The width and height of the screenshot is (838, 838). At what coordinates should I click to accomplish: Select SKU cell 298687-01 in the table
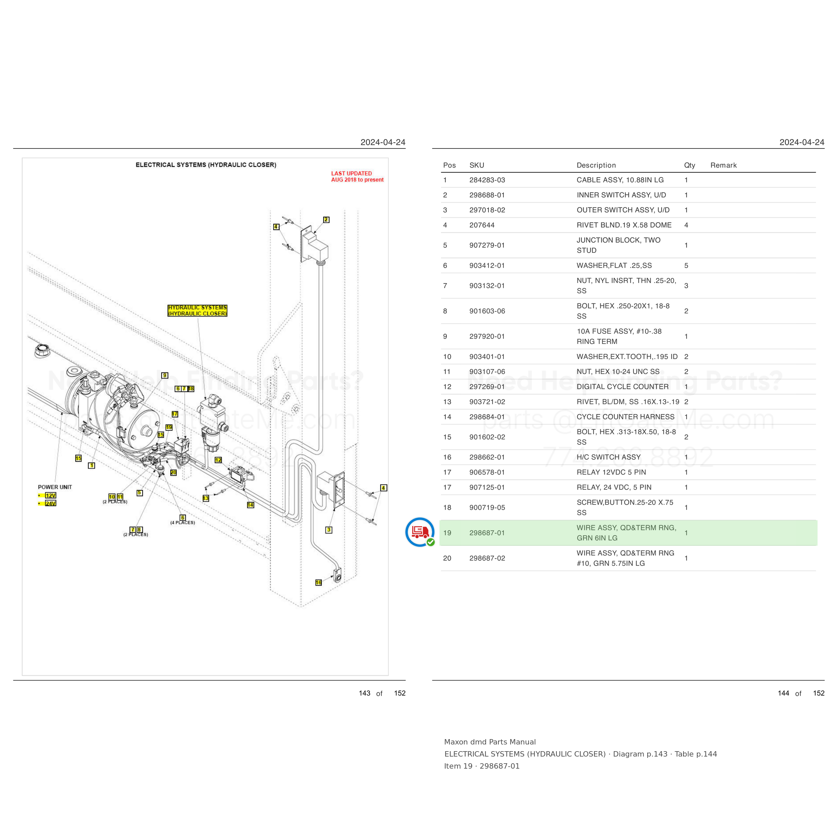pyautogui.click(x=487, y=533)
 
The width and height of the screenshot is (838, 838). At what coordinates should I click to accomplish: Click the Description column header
pyautogui.click(x=596, y=165)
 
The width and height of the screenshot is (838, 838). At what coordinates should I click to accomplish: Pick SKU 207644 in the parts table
pyautogui.click(x=482, y=225)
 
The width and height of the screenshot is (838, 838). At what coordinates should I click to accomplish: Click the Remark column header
pyautogui.click(x=723, y=165)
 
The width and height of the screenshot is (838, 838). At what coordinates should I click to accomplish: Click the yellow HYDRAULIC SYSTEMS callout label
pyautogui.click(x=197, y=311)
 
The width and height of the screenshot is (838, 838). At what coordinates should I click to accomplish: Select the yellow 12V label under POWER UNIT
pyautogui.click(x=51, y=495)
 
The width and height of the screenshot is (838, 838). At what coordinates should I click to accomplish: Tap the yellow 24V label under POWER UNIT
pyautogui.click(x=51, y=503)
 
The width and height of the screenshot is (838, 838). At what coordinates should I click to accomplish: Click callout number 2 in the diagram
pyautogui.click(x=326, y=220)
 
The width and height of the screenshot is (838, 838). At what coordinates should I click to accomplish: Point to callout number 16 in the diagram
pyautogui.click(x=318, y=583)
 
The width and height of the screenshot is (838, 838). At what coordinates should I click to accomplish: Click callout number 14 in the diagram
pyautogui.click(x=250, y=505)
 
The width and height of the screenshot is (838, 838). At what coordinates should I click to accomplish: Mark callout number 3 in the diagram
pyautogui.click(x=329, y=530)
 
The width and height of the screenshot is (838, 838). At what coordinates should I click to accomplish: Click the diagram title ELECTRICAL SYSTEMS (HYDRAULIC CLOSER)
pyautogui.click(x=206, y=165)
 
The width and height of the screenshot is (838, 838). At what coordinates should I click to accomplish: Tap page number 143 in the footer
pyautogui.click(x=364, y=693)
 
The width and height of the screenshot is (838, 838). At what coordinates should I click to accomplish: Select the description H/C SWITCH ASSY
pyautogui.click(x=608, y=457)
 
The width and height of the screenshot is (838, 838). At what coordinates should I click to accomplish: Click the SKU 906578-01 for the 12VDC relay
pyautogui.click(x=487, y=472)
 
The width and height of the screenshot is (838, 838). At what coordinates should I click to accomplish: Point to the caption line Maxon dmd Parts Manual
pyautogui.click(x=490, y=742)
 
